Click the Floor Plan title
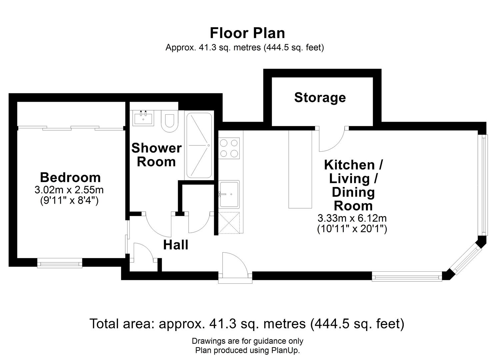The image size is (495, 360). tap(247, 33)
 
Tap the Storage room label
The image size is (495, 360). tap(320, 97)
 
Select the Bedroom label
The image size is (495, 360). tap(70, 177)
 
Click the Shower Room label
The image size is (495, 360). tap(156, 155)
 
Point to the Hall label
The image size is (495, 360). tap(176, 245)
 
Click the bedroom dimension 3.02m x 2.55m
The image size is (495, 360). tap(69, 190)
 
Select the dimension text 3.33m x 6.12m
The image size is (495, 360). tap(352, 218)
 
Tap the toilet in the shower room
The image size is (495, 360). tap(169, 120)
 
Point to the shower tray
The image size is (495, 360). tap(199, 145)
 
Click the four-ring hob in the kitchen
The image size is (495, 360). tap(229, 148)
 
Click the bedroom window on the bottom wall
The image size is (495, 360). tap(60, 263)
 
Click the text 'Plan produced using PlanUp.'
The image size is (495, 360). tap(247, 350)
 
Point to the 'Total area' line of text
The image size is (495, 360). tap(247, 324)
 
